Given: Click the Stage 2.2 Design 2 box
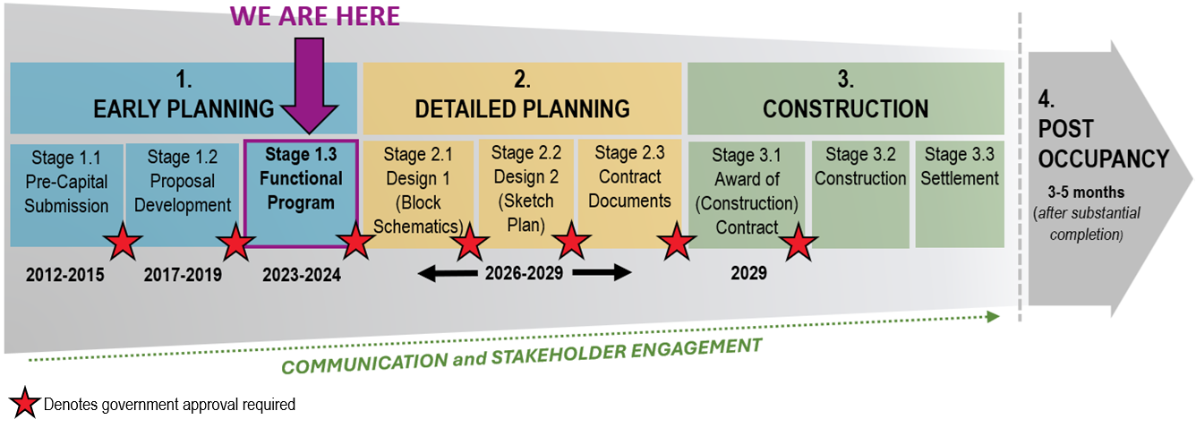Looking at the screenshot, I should coord(525,188).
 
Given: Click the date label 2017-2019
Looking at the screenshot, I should coord(183,274).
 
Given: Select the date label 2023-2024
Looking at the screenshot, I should coord(301,274).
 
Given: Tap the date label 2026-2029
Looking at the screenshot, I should coord(524,273).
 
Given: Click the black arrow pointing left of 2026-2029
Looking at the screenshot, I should coord(447,273).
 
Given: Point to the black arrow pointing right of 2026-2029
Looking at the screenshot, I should coord(602,273).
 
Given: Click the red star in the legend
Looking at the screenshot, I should coord(23,404).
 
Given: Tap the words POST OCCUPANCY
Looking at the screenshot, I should coord(1103,143).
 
